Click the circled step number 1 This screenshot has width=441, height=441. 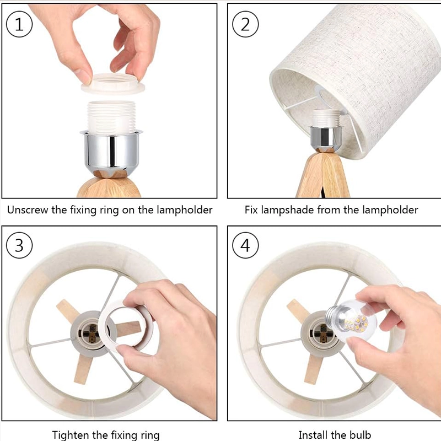(x=19, y=24)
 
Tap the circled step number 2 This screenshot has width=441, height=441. (x=245, y=24)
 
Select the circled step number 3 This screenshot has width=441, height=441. (x=19, y=245)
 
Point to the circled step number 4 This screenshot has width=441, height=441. (x=245, y=245)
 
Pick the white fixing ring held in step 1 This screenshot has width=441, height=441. (x=113, y=84)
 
